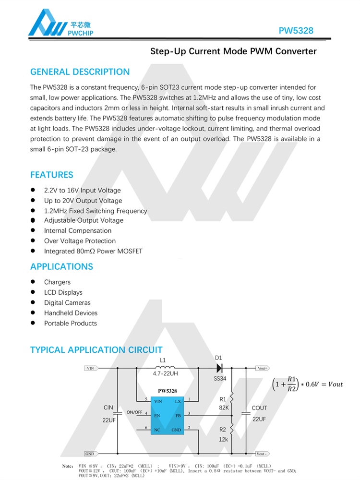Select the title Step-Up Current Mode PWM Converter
pyautogui.click(x=233, y=51)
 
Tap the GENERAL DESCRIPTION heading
pyautogui.click(x=80, y=72)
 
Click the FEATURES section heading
pyautogui.click(x=52, y=175)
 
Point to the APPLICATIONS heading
pyautogui.click(x=61, y=266)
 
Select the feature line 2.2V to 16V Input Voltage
pyautogui.click(x=82, y=191)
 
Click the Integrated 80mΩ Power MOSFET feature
pyautogui.click(x=93, y=251)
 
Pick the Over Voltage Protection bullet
pyautogui.click(x=80, y=241)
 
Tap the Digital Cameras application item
pyautogui.click(x=67, y=303)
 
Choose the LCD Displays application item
pyautogui.click(x=63, y=292)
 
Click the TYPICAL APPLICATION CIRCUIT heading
pyautogui.click(x=96, y=350)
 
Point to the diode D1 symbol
pyautogui.click(x=219, y=368)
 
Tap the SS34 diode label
pyautogui.click(x=219, y=379)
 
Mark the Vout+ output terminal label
pyautogui.click(x=262, y=368)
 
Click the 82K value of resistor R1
pyautogui.click(x=224, y=408)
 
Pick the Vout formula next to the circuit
pyautogui.click(x=307, y=385)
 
